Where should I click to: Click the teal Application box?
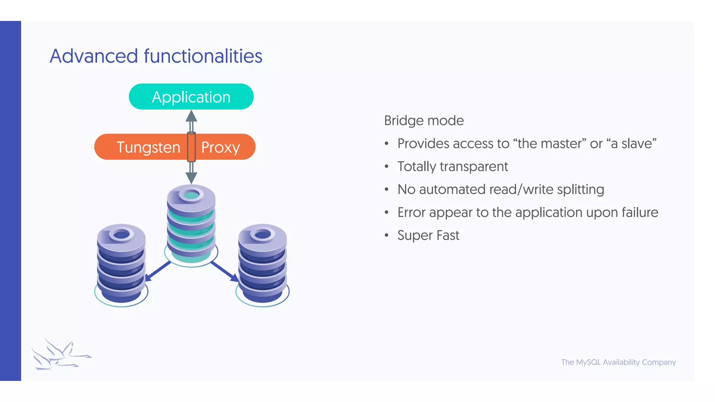191,97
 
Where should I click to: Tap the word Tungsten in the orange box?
148,147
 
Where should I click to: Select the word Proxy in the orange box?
220,147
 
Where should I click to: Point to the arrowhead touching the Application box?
191,116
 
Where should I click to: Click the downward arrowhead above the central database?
191,178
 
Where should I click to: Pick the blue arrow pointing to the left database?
157,271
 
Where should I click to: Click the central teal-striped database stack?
191,223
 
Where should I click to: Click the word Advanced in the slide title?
94,56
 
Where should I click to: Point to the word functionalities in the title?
203,56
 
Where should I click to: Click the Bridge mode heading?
424,121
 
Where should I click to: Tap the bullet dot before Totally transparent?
386,167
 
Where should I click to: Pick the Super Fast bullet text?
428,236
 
